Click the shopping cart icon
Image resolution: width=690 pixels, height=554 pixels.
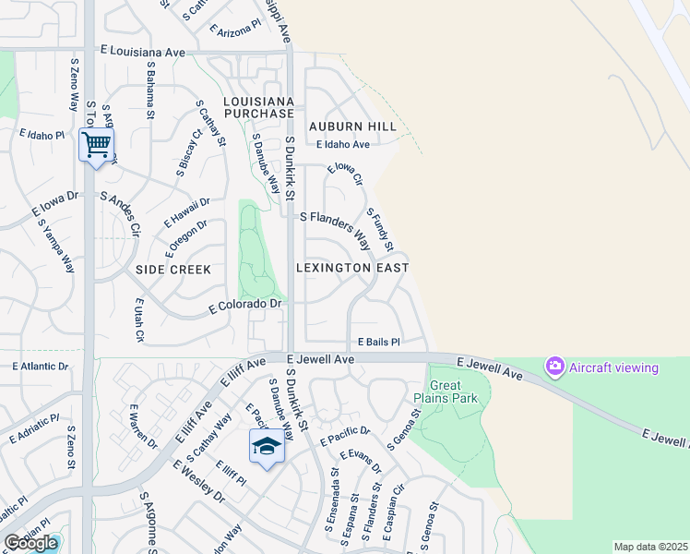(97, 145)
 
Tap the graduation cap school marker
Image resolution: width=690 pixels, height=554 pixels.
(266, 447)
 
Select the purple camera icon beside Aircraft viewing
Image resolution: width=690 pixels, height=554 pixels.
(554, 367)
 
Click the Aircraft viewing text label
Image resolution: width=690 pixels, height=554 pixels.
(613, 367)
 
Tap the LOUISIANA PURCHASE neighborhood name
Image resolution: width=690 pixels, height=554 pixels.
(258, 107)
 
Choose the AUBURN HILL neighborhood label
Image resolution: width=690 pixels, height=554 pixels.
(352, 126)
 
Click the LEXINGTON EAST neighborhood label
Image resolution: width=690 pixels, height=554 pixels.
(351, 268)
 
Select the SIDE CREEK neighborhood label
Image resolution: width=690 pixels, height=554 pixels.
(173, 270)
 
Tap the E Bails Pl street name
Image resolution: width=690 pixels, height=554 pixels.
(379, 342)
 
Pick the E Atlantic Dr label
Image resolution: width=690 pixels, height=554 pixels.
(41, 367)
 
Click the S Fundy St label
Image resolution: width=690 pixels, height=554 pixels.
(380, 230)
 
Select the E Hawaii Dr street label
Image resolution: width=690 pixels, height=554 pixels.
(187, 212)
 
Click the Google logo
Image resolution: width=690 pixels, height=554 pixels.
(30, 543)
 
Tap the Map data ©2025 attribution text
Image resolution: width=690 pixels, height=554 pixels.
(650, 547)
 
